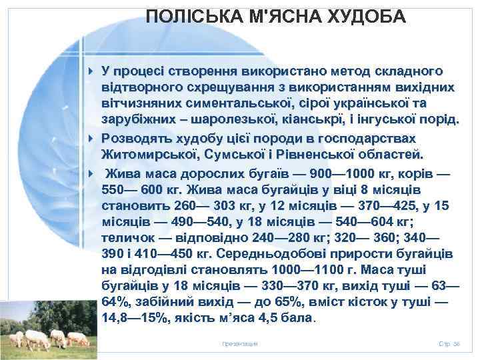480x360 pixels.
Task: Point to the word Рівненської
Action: coord(309,155)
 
